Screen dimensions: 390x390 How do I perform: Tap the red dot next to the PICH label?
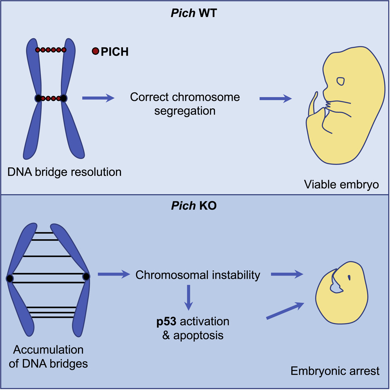tap(95, 51)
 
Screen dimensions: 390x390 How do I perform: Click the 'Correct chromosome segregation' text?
tap(184, 104)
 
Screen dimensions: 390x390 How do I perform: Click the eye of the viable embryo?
tap(341, 81)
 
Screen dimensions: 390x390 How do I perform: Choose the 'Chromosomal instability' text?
tap(198, 275)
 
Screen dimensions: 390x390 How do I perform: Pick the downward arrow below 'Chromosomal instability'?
tap(189, 298)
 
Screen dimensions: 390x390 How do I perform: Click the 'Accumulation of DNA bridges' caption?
tap(49, 357)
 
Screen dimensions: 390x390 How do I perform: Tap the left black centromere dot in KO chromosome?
tap(10, 278)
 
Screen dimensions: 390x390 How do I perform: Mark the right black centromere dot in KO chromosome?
tap(86, 276)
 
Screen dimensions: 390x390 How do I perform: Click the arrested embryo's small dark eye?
tap(348, 278)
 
